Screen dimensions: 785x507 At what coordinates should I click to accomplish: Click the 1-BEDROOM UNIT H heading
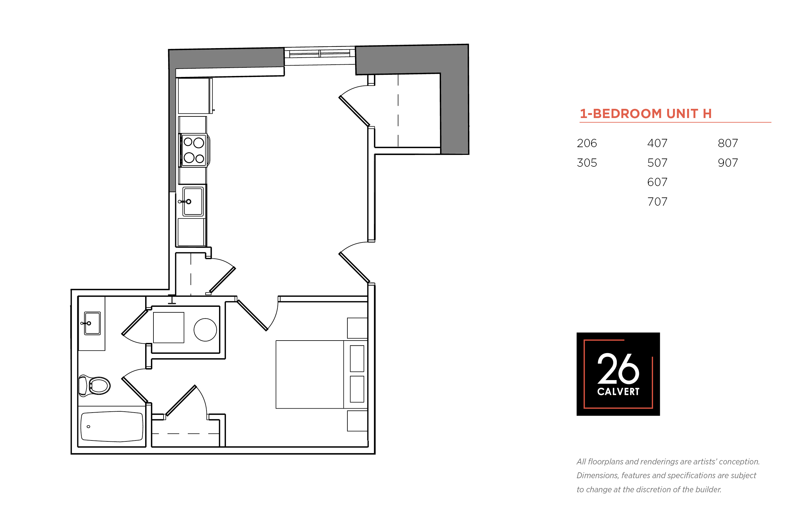click(645, 114)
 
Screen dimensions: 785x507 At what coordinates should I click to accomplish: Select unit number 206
click(587, 143)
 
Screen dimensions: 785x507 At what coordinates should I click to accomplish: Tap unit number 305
click(587, 163)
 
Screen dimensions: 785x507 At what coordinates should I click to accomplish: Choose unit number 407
click(657, 143)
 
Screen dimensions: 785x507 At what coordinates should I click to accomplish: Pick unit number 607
click(657, 182)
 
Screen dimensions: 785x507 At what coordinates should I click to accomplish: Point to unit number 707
click(657, 201)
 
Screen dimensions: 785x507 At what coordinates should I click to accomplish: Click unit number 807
click(728, 143)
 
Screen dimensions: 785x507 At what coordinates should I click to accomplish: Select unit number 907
click(728, 163)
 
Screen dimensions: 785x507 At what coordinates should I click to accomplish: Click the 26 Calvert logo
click(618, 374)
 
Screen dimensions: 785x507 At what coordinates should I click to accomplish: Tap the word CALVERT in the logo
click(618, 392)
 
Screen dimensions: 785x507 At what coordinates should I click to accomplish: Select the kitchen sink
click(193, 201)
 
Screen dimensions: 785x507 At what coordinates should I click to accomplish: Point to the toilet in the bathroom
click(94, 385)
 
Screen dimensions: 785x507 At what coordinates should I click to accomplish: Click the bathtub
click(112, 426)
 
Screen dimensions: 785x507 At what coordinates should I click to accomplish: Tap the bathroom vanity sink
click(92, 323)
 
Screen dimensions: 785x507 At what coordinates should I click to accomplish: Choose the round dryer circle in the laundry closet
click(205, 330)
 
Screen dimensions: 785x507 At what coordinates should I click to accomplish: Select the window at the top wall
click(319, 53)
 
